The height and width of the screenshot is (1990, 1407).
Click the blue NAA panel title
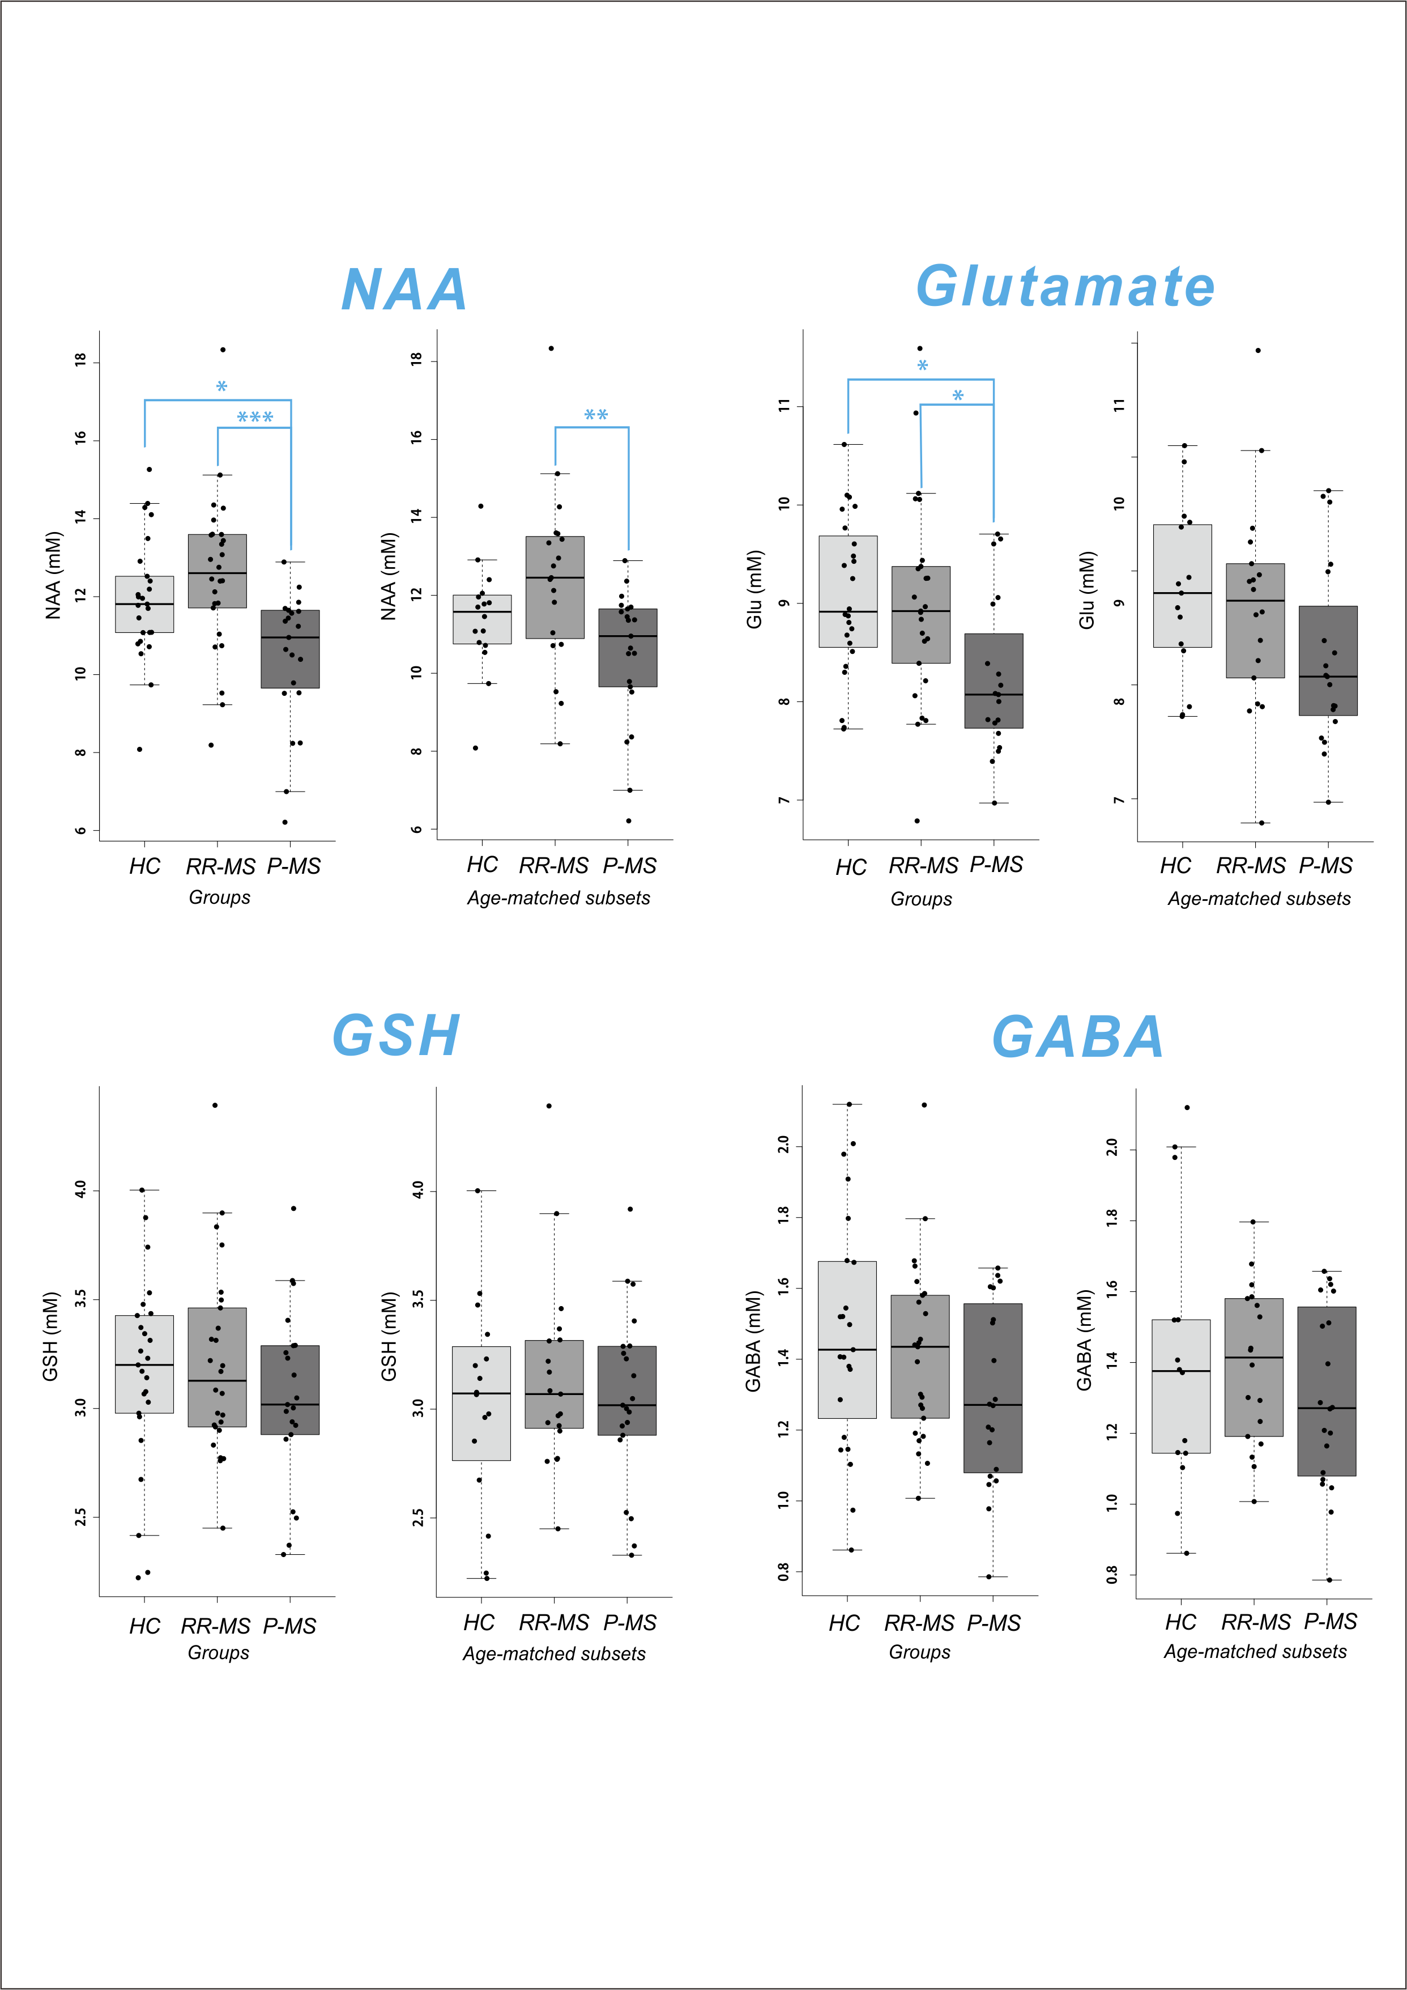click(x=404, y=290)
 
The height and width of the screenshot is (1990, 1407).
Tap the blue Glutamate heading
click(x=1065, y=287)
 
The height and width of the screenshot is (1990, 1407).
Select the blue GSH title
click(x=396, y=1036)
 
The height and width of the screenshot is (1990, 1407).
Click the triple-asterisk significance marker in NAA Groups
click(x=255, y=418)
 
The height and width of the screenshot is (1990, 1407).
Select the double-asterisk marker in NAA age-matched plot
click(x=595, y=416)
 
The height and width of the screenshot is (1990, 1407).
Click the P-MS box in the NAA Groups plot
click(x=290, y=649)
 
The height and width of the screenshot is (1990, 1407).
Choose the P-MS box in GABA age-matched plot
click(x=1327, y=1391)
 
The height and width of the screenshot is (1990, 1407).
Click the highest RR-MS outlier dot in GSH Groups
click(x=215, y=1105)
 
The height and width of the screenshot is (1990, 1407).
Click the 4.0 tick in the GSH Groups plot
click(x=80, y=1189)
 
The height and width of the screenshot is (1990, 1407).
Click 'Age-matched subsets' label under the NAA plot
click(x=559, y=898)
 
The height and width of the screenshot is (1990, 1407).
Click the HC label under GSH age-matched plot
click(x=479, y=1622)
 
